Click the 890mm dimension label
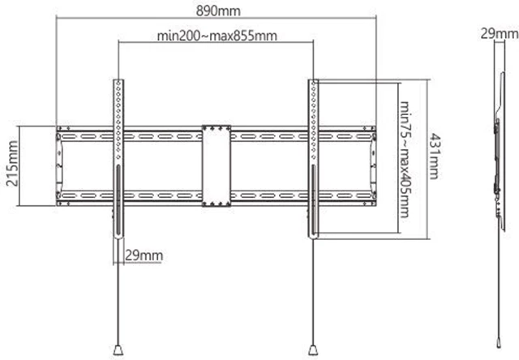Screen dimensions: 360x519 click(x=217, y=11)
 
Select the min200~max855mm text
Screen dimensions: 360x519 click(x=217, y=36)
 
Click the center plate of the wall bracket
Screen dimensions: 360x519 click(x=217, y=165)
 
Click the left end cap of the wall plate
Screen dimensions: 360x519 click(x=58, y=165)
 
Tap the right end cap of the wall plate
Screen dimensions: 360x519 click(x=374, y=165)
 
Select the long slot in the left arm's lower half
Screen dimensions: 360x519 click(x=118, y=203)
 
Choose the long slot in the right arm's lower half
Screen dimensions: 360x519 click(x=313, y=203)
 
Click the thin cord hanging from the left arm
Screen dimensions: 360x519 click(x=118, y=292)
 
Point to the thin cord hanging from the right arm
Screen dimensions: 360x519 click(x=312, y=292)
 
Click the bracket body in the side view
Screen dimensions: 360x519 click(x=495, y=162)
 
